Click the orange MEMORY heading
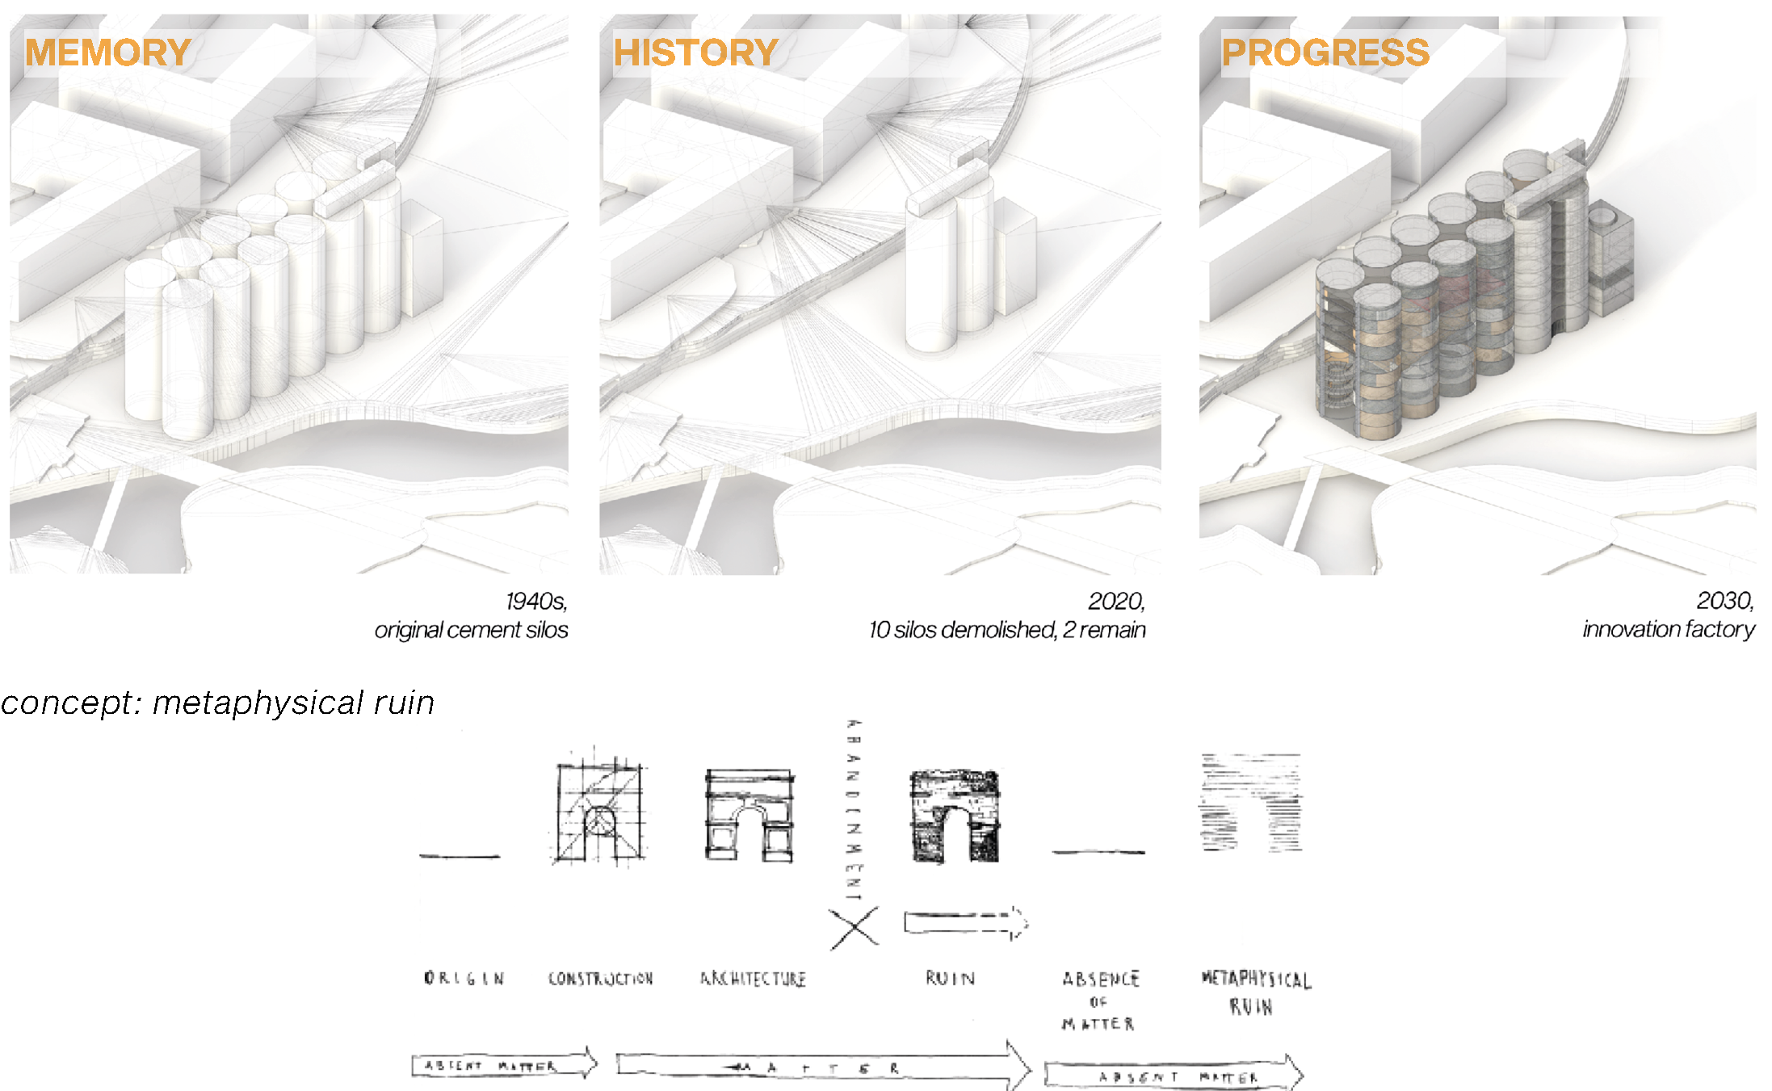pyautogui.click(x=107, y=53)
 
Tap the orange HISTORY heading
pyautogui.click(x=695, y=53)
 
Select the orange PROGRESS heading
pyautogui.click(x=1325, y=53)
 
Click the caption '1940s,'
pyautogui.click(x=536, y=602)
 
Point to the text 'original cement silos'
pyautogui.click(x=471, y=630)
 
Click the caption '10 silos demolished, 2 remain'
pyautogui.click(x=1007, y=630)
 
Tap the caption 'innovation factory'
pyautogui.click(x=1668, y=629)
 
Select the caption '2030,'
pyautogui.click(x=1724, y=601)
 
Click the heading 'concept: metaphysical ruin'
pyautogui.click(x=218, y=703)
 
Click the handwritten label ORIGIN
pyautogui.click(x=464, y=979)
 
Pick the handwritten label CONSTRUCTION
pyautogui.click(x=600, y=979)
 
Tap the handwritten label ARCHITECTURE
pyautogui.click(x=753, y=979)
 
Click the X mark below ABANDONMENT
pyautogui.click(x=854, y=927)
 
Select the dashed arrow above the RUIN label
pyautogui.click(x=965, y=923)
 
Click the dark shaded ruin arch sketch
pyautogui.click(x=955, y=816)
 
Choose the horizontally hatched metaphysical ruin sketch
pyautogui.click(x=1250, y=802)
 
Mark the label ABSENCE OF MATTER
pyautogui.click(x=1099, y=1001)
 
